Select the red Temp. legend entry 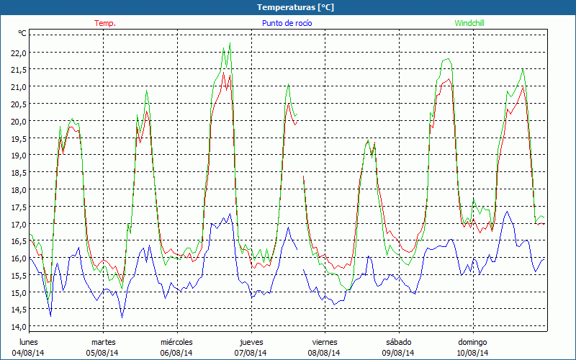pyautogui.click(x=105, y=23)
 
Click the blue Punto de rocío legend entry pyautogui.click(x=287, y=23)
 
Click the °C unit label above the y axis pyautogui.click(x=22, y=33)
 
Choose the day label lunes pyautogui.click(x=29, y=342)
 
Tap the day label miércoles pyautogui.click(x=176, y=342)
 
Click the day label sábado pyautogui.click(x=398, y=342)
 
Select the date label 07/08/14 pyautogui.click(x=251, y=353)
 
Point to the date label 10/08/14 pyautogui.click(x=472, y=353)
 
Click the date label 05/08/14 pyautogui.click(x=103, y=353)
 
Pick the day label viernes pyautogui.click(x=325, y=342)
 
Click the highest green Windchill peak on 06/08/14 pyautogui.click(x=230, y=44)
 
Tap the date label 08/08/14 pyautogui.click(x=325, y=353)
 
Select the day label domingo pyautogui.click(x=472, y=342)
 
